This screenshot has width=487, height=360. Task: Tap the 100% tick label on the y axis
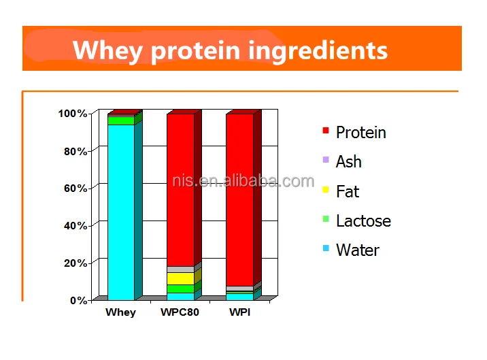coord(73,114)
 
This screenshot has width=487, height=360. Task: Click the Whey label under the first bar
coord(120,313)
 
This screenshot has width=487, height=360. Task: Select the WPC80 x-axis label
coord(180,313)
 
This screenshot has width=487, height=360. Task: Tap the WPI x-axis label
coord(239,313)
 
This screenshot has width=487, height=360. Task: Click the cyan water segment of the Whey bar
coord(120,211)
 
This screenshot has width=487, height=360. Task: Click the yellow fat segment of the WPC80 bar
coord(180,278)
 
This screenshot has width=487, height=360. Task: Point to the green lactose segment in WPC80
coord(180,289)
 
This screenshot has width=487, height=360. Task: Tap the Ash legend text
coord(349,162)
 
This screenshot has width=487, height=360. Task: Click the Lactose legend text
coord(363,220)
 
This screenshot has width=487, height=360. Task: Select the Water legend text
coord(358,250)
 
